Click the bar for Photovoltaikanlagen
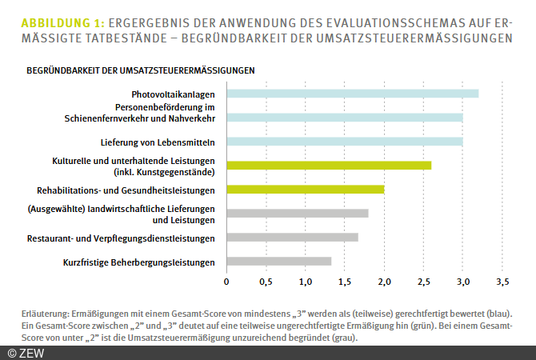click(352, 94)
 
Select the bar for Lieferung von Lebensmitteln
click(344, 142)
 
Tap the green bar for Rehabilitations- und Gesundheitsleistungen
click(305, 190)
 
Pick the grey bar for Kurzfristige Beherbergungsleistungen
click(278, 261)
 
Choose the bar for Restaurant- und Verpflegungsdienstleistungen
click(292, 237)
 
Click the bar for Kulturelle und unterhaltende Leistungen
click(329, 166)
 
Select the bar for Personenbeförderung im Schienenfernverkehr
click(344, 118)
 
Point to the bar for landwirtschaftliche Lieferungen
click(297, 214)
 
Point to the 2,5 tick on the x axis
click(423, 282)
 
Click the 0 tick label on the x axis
click(226, 282)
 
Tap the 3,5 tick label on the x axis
click(502, 282)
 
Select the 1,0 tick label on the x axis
click(305, 282)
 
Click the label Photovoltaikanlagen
click(174, 94)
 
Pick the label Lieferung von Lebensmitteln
click(158, 142)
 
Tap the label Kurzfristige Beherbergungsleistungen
click(139, 262)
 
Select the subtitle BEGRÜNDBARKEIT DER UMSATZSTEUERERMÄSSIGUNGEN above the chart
click(141, 70)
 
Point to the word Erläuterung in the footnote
click(43, 312)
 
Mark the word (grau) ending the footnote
click(345, 338)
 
